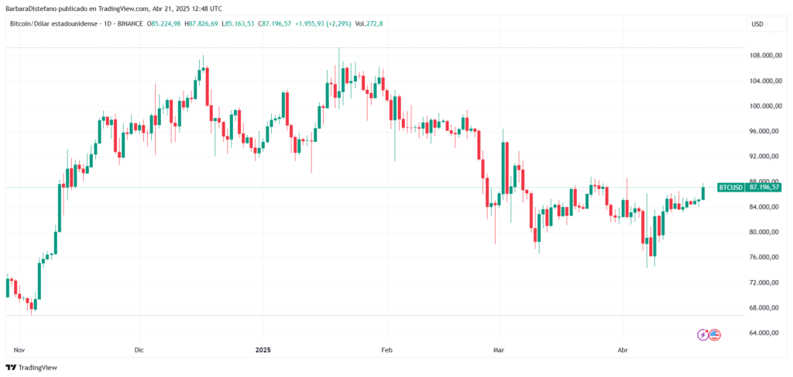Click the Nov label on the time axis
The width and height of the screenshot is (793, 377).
coord(19,350)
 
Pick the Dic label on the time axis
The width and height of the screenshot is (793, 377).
coord(139,350)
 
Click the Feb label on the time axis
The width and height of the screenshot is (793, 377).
coord(388,350)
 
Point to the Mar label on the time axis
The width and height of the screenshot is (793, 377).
coord(499,350)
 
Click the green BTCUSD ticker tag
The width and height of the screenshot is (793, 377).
coord(730,187)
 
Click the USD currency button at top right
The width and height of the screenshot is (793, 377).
coord(757,24)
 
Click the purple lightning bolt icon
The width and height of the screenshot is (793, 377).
coord(703,334)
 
